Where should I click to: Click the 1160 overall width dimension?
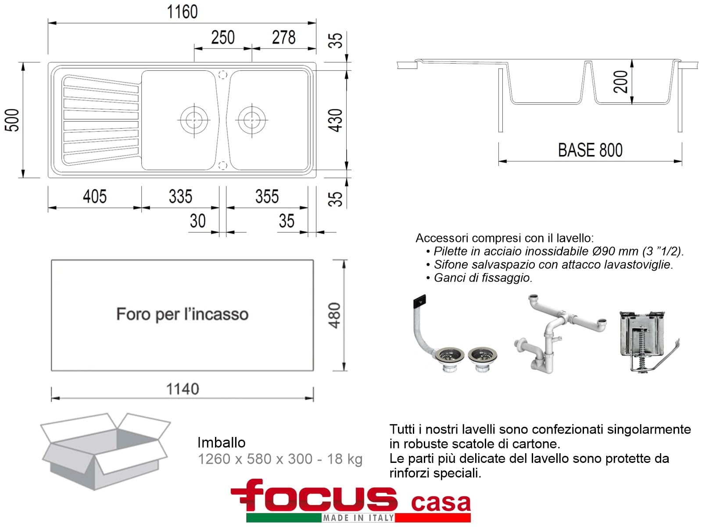pyautogui.click(x=182, y=12)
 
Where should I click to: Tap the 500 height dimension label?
pyautogui.click(x=12, y=120)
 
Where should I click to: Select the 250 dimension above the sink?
pyautogui.click(x=223, y=37)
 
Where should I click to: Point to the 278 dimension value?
pyautogui.click(x=284, y=37)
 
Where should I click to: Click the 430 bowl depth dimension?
pyautogui.click(x=336, y=120)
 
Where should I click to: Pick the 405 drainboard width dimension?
pyautogui.click(x=95, y=196)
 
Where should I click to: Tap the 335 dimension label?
pyautogui.click(x=180, y=196)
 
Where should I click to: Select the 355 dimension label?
pyautogui.click(x=267, y=196)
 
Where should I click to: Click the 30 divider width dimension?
pyautogui.click(x=197, y=221)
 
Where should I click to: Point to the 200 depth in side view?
pyautogui.click(x=621, y=82)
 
